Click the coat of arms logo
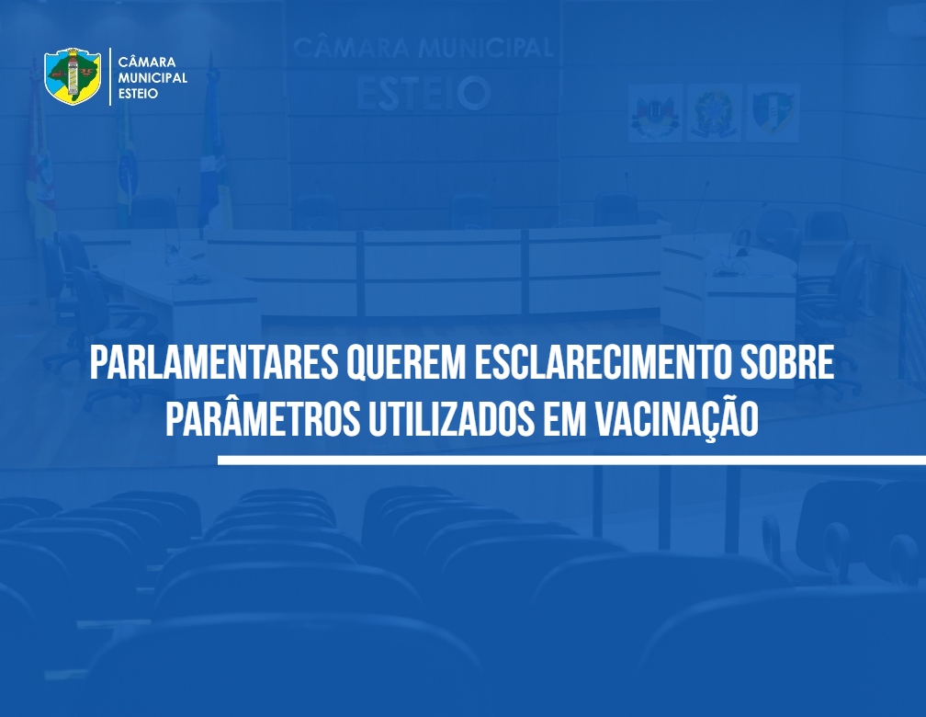[x=73, y=76]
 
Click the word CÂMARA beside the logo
[x=147, y=62]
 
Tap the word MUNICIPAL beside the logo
[x=152, y=77]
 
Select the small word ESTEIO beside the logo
[x=138, y=94]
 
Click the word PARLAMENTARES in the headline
[x=214, y=362]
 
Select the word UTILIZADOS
[x=450, y=420]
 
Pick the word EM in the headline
[x=564, y=420]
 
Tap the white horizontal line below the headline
[x=571, y=460]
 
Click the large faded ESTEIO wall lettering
[x=423, y=93]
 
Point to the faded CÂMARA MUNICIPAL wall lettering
[x=423, y=48]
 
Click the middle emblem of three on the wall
[x=714, y=113]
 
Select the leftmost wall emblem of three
[x=655, y=113]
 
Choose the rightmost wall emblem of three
[x=773, y=113]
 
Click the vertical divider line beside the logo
[x=110, y=77]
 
